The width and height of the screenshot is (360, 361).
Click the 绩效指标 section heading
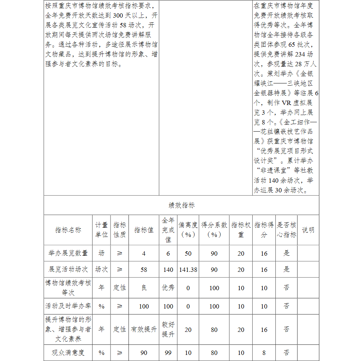(181, 205)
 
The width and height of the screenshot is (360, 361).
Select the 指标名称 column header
(68, 230)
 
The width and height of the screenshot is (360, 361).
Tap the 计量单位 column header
(102, 230)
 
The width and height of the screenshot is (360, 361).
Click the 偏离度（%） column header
(188, 230)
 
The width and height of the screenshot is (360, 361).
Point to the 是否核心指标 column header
(286, 230)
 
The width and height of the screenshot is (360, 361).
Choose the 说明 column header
(308, 230)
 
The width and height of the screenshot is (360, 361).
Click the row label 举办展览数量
(68, 253)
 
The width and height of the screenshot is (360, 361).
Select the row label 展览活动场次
(68, 269)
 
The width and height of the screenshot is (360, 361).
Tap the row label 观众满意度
(68, 353)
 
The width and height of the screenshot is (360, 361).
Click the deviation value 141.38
(188, 269)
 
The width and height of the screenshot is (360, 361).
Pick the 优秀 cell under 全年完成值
(168, 288)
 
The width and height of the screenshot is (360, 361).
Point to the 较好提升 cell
(168, 329)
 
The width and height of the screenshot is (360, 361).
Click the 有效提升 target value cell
(144, 329)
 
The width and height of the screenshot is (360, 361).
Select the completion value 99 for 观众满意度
(168, 353)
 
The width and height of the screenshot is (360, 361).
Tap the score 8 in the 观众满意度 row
(264, 353)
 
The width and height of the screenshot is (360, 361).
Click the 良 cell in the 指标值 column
(144, 288)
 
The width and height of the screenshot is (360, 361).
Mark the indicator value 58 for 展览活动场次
(144, 269)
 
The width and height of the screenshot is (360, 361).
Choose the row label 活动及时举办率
(68, 306)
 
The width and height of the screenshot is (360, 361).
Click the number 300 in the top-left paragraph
(119, 15)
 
